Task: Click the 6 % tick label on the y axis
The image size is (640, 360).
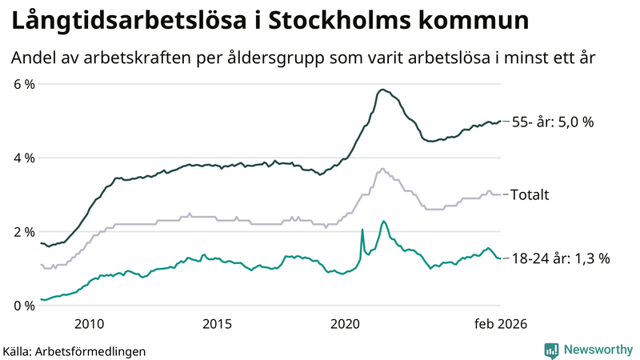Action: pos(23,84)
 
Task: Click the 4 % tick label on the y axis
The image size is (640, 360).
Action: pos(23,158)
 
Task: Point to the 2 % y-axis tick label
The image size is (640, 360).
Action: pos(23,231)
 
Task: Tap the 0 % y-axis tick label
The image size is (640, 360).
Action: pos(23,305)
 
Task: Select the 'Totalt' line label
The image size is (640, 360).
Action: pos(530,194)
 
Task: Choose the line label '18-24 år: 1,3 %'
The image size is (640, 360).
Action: pos(561,258)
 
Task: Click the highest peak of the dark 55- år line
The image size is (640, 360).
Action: pos(382,90)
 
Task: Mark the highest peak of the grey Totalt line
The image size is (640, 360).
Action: pos(382,169)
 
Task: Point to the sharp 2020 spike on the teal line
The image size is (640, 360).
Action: pos(362,230)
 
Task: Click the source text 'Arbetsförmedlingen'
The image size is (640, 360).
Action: pos(91,350)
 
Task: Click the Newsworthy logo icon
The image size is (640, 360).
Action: pos(551,350)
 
